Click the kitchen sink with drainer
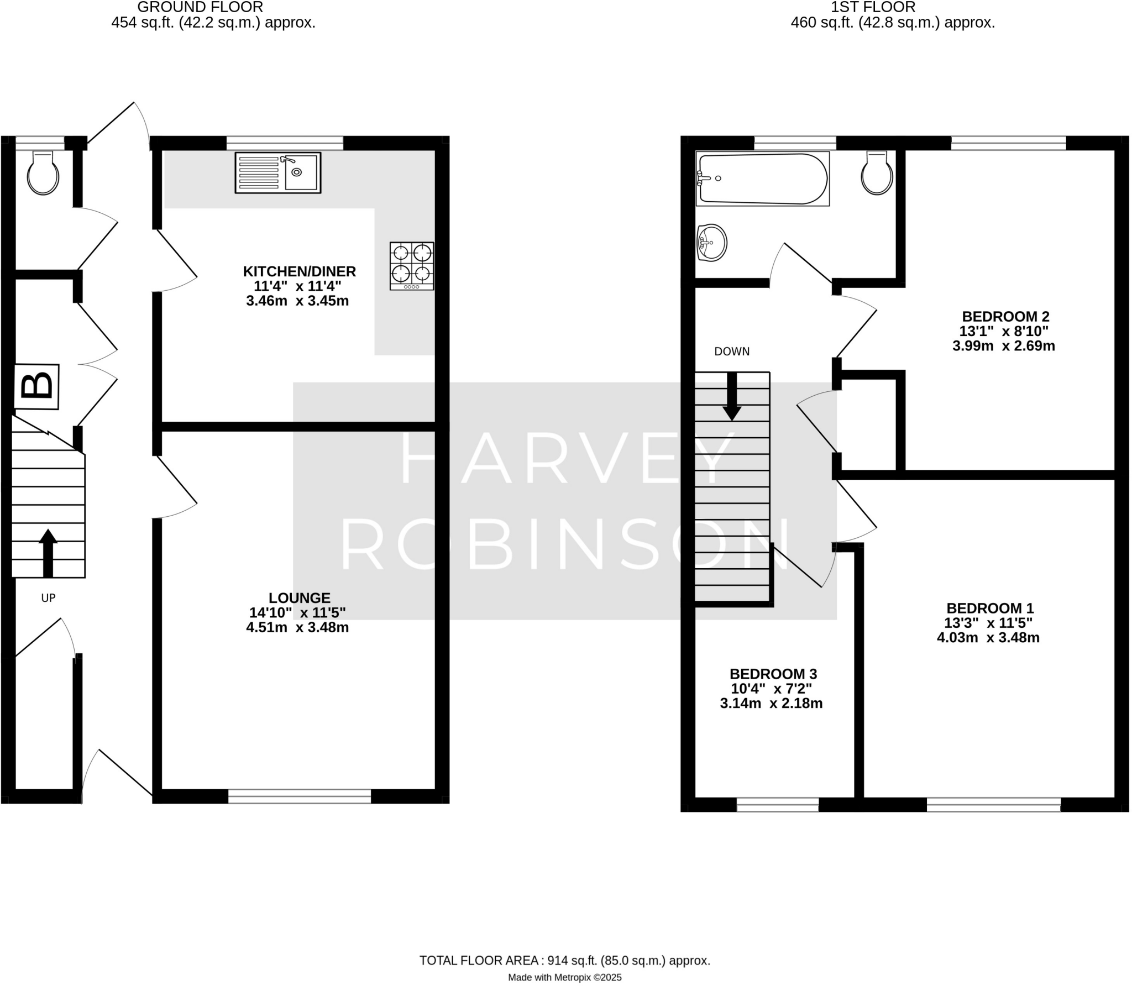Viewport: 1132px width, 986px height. (x=277, y=172)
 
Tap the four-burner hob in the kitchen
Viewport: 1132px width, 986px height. (x=411, y=266)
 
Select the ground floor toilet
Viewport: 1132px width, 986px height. (x=43, y=173)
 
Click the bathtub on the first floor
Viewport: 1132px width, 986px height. (x=763, y=179)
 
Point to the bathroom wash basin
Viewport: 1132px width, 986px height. (x=711, y=243)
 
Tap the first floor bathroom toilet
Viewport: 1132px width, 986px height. (x=877, y=173)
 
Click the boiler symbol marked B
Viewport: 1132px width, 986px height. (x=36, y=386)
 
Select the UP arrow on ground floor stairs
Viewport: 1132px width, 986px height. (x=48, y=552)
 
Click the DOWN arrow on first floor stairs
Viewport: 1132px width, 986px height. (x=732, y=397)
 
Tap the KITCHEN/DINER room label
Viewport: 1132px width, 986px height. (x=300, y=271)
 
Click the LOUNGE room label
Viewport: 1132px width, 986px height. (x=300, y=597)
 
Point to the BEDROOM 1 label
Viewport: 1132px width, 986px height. (x=990, y=608)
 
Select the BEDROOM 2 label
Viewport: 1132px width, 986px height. (x=1005, y=316)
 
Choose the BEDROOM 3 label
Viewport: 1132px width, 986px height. (x=773, y=674)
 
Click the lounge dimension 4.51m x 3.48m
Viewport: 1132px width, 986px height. (x=297, y=627)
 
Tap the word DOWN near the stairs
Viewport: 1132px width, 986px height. (x=732, y=352)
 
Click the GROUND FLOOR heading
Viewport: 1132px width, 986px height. (x=200, y=7)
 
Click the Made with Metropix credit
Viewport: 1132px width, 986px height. (x=564, y=977)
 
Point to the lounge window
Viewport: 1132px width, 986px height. (x=300, y=796)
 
